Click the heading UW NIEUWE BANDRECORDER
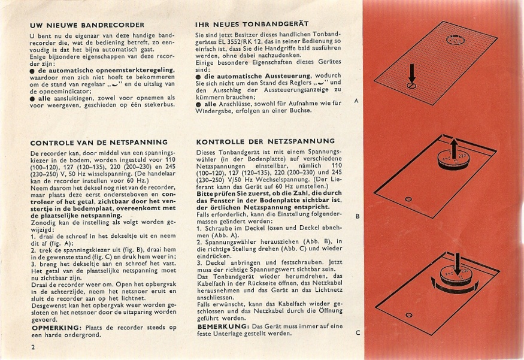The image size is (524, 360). [87, 25]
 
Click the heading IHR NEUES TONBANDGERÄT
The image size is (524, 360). [252, 24]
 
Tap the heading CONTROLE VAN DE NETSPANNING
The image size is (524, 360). [99, 143]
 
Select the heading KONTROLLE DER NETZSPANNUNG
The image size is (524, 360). [265, 141]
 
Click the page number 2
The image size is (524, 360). [32, 347]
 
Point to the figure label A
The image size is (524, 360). [357, 101]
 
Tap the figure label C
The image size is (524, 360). [357, 332]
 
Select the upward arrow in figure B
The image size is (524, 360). [453, 147]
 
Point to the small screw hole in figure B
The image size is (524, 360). [408, 199]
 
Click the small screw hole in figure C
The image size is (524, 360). [408, 314]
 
